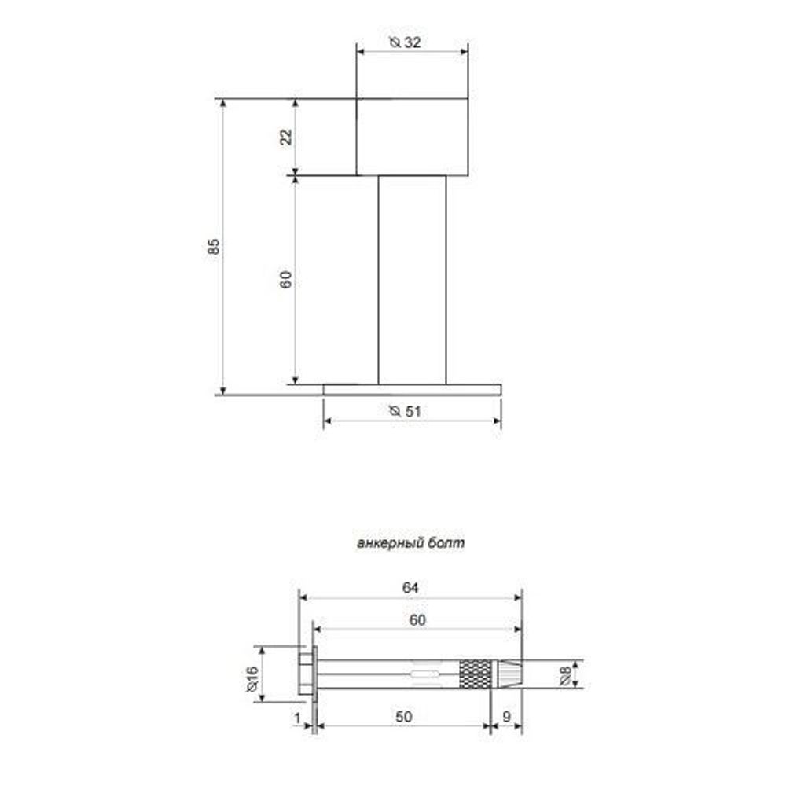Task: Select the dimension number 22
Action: point(286,136)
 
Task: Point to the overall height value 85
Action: point(213,246)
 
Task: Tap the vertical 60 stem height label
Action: point(286,279)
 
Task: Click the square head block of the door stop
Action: point(412,137)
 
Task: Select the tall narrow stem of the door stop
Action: point(412,279)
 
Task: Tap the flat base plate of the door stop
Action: point(412,389)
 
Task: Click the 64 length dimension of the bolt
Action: point(410,587)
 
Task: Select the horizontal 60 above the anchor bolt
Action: point(417,619)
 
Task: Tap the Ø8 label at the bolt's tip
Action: point(566,674)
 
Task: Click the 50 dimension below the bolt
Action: point(402,717)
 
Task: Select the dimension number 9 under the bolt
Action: point(506,717)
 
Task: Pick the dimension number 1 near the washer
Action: point(297,717)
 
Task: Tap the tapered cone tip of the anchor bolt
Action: point(507,674)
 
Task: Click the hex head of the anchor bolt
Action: point(306,674)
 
